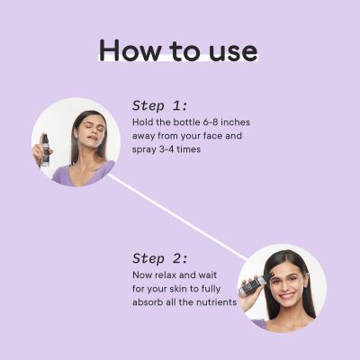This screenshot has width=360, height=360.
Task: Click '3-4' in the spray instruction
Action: tap(166, 150)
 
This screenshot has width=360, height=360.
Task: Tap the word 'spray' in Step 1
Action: tap(143, 150)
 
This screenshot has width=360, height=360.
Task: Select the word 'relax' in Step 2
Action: tap(166, 274)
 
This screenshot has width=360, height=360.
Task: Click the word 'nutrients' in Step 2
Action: tap(216, 302)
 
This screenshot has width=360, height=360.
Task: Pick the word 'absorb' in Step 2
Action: tap(148, 302)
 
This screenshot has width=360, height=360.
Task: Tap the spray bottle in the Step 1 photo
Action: tap(45, 149)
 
